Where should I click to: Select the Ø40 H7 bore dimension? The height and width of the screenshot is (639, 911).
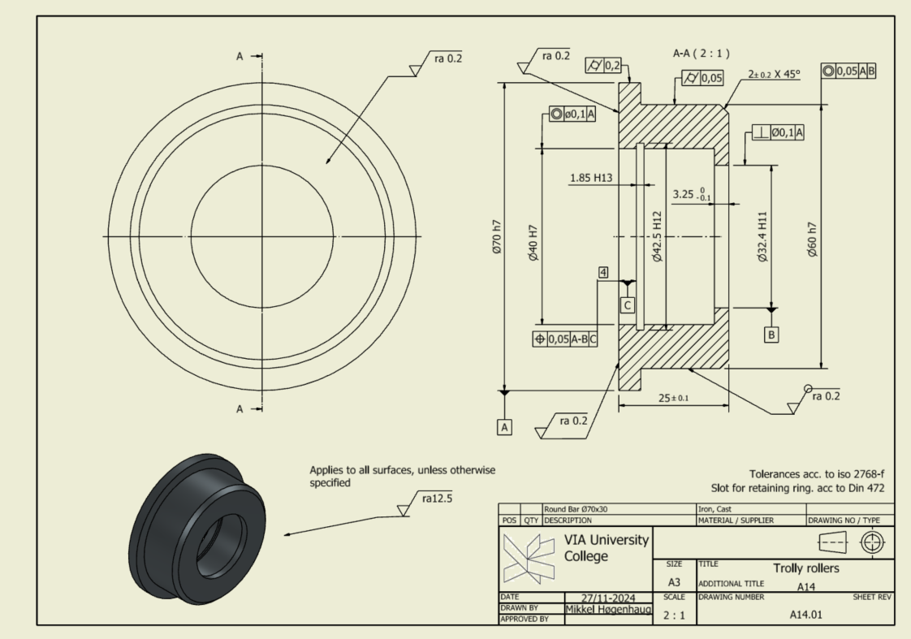pyautogui.click(x=533, y=241)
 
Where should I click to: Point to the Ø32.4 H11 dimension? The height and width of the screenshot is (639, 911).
pyautogui.click(x=762, y=240)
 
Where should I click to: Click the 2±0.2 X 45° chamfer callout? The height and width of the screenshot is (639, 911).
pyautogui.click(x=774, y=74)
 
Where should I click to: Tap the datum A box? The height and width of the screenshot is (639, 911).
pyautogui.click(x=505, y=426)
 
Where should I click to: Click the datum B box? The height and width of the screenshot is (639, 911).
pyautogui.click(x=771, y=334)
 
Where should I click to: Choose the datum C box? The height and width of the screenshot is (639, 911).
pyautogui.click(x=627, y=305)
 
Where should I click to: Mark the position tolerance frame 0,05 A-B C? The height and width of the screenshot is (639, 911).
pyautogui.click(x=564, y=339)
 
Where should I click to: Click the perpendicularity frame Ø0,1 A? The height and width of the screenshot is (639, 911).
pyautogui.click(x=778, y=132)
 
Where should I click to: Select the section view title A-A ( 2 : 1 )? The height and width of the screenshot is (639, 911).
pyautogui.click(x=702, y=54)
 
